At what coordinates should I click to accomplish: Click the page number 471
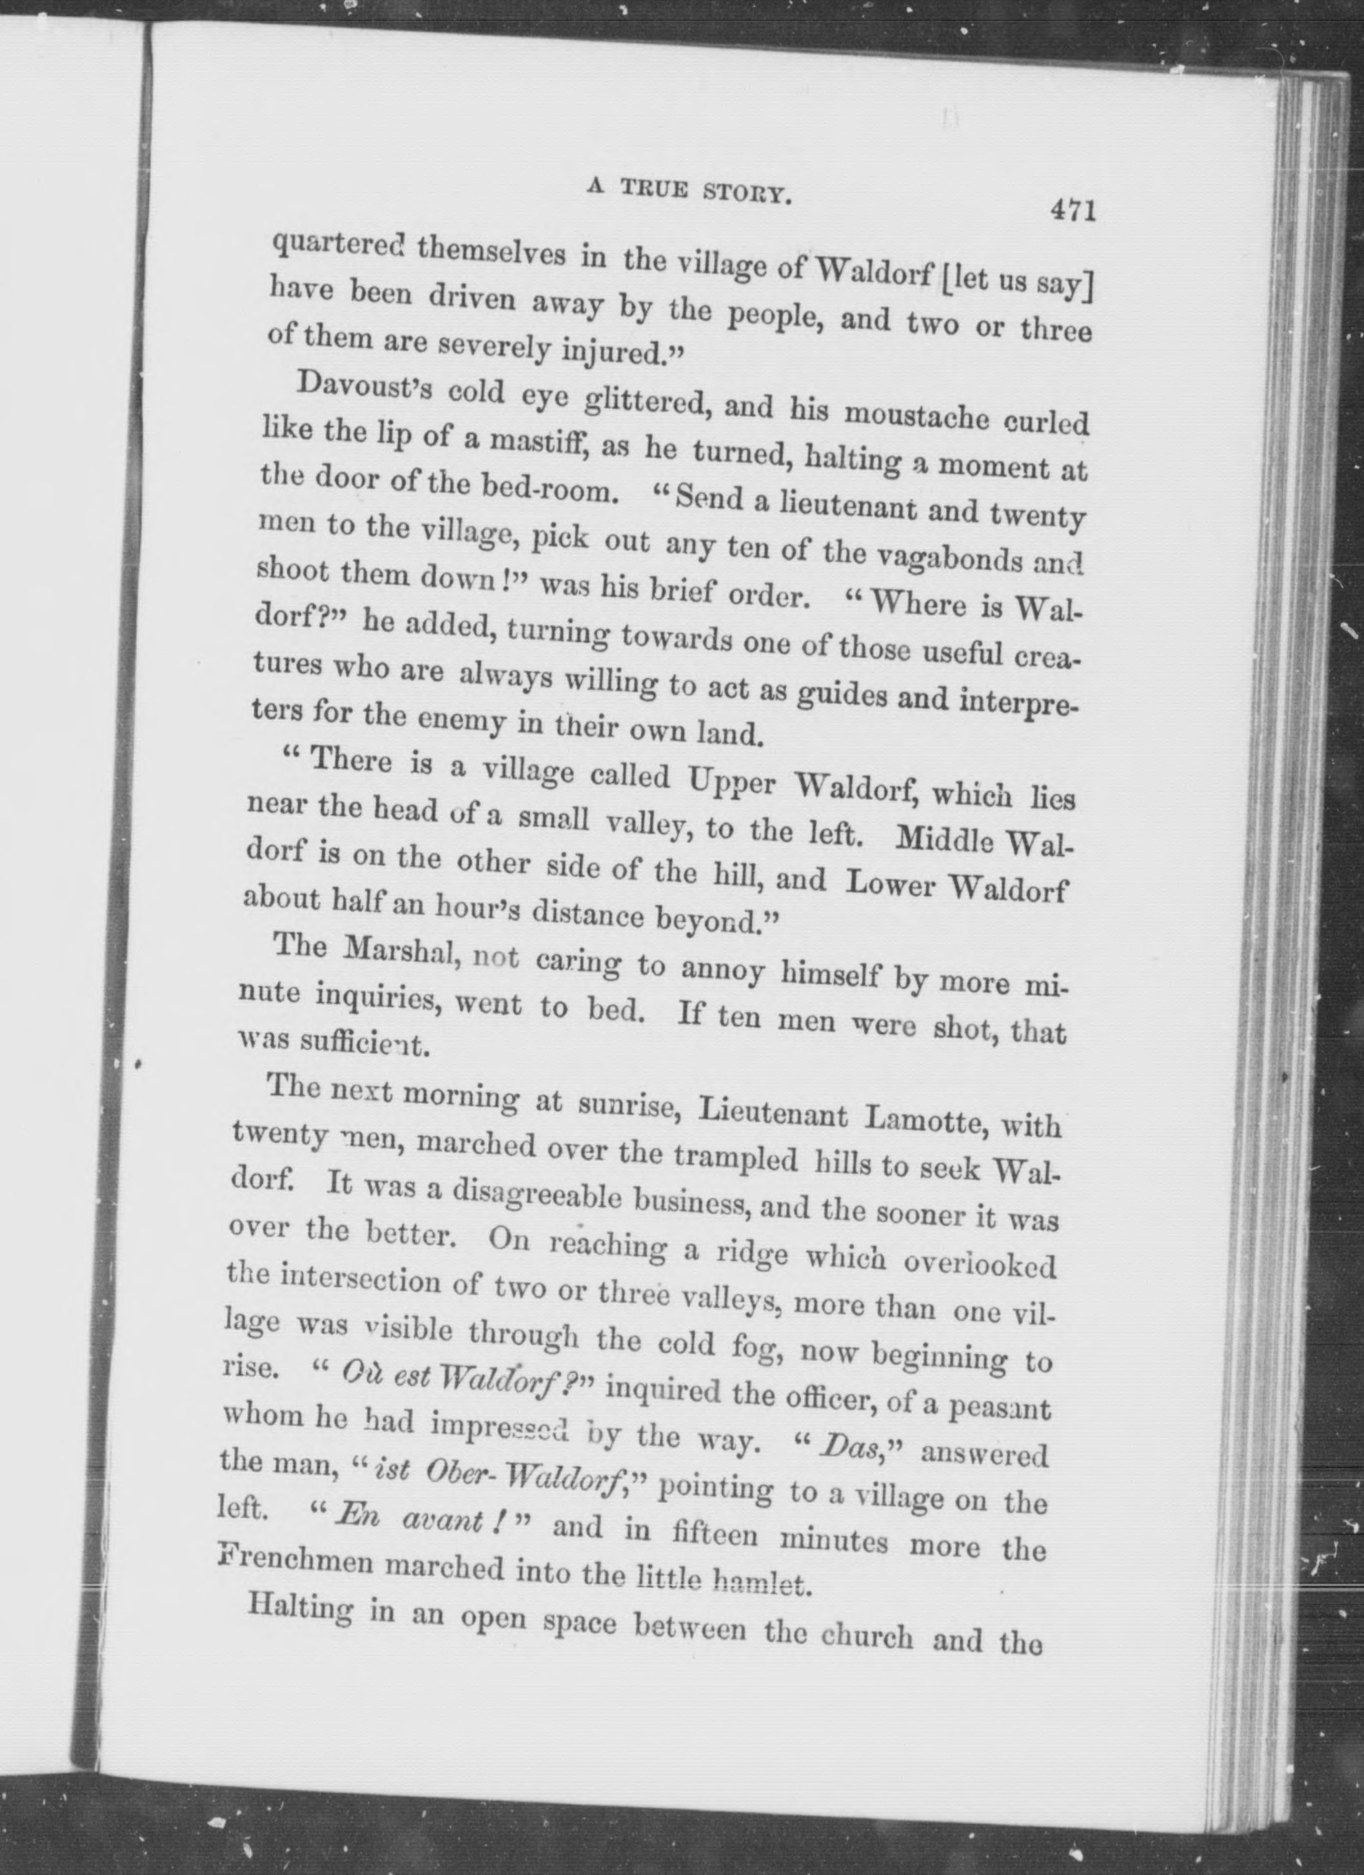tap(1072, 211)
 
